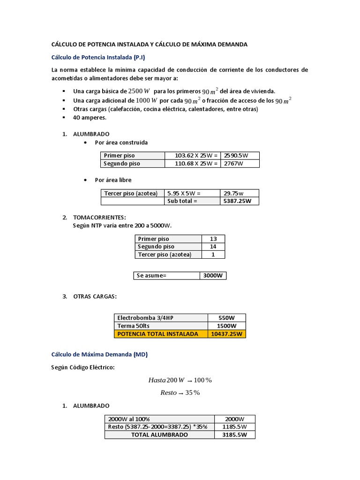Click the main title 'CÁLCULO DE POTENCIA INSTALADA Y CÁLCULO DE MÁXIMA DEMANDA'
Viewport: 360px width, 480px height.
[149, 44]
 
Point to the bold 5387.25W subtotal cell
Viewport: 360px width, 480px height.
[239, 201]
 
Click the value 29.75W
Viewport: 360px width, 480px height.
[239, 193]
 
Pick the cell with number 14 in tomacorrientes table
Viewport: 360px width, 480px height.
[213, 247]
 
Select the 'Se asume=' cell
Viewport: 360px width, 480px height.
[166, 276]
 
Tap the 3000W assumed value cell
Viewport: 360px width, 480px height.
[213, 276]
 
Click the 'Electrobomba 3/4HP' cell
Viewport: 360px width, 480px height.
[160, 317]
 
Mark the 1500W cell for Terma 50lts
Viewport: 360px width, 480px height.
[226, 326]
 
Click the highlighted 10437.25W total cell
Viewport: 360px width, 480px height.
[226, 334]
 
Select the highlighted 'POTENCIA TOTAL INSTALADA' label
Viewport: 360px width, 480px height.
[160, 334]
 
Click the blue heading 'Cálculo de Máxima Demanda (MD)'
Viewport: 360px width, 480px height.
[99, 355]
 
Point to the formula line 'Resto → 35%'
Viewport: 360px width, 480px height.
[180, 393]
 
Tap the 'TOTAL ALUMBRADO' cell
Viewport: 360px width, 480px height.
[159, 435]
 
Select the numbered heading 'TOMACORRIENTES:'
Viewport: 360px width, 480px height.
[99, 217]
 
